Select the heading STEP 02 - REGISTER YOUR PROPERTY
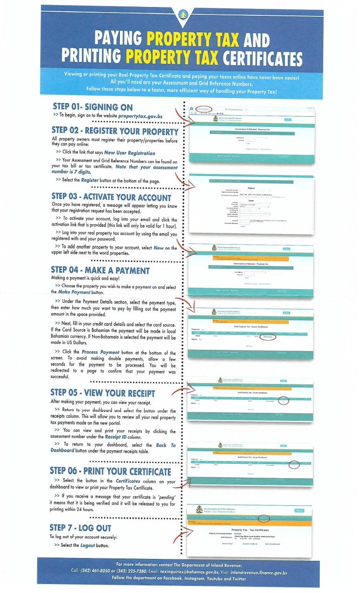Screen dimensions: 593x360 pyautogui.click(x=114, y=132)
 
